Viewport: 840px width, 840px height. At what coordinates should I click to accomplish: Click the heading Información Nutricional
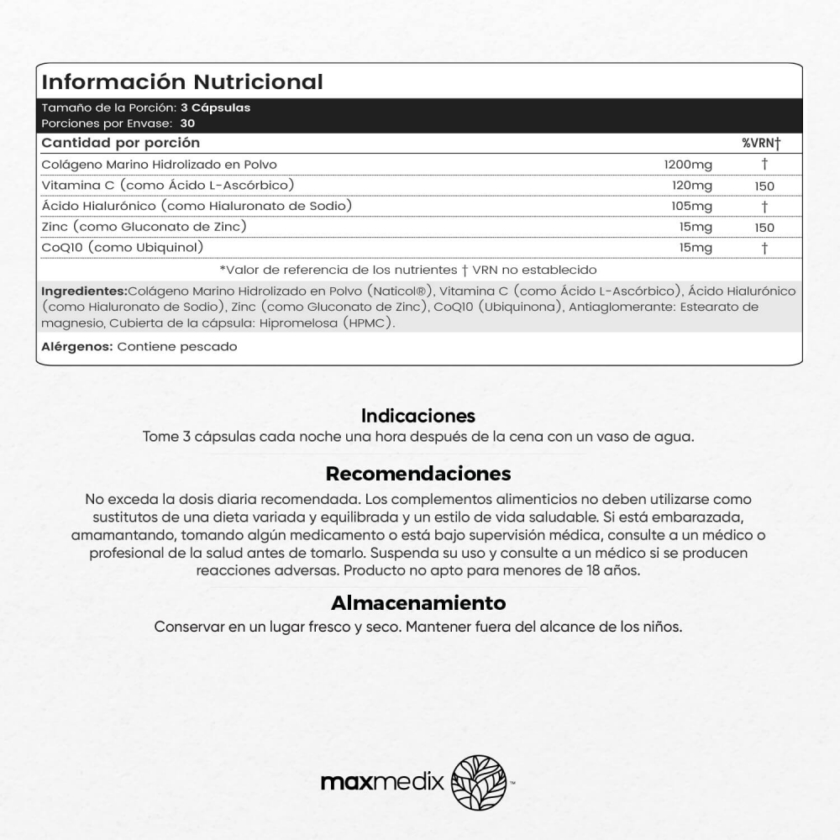coord(182,81)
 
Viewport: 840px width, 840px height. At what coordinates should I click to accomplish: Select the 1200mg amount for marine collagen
coord(688,165)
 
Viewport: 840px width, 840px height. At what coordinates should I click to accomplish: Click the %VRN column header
coord(761,143)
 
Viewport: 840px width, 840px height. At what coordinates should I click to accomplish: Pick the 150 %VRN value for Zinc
coord(764,228)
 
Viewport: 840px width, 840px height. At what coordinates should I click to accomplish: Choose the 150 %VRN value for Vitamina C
coord(764,186)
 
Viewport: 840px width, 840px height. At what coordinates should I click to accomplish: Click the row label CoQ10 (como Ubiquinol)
coord(123,247)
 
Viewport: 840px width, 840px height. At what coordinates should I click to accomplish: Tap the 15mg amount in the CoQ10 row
coord(696,248)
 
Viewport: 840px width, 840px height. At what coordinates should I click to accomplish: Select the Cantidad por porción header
coord(121,143)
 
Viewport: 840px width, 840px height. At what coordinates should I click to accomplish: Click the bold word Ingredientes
coord(83,291)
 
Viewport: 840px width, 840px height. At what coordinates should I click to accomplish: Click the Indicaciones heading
coord(418,416)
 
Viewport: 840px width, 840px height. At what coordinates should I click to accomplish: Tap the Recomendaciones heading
coord(418,473)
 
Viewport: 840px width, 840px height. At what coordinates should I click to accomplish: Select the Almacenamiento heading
coord(418,603)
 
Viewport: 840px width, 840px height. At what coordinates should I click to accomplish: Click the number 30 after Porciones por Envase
coord(188,123)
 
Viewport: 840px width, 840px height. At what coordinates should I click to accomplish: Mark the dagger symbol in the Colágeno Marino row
coord(764,165)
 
